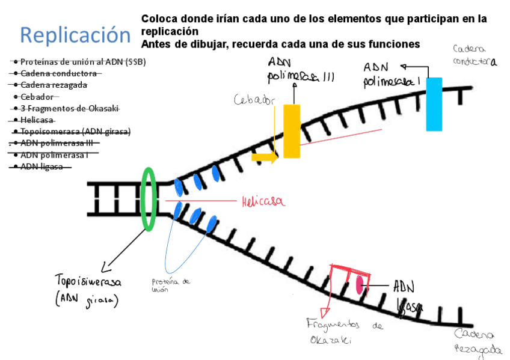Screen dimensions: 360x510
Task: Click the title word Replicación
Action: coord(75,35)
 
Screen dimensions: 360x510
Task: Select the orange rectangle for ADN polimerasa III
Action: coord(292,131)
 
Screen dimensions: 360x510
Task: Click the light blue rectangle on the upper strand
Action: coord(434,103)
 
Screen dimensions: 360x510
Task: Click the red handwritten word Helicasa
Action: coord(262,203)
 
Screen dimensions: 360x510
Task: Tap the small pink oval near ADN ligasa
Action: coord(361,284)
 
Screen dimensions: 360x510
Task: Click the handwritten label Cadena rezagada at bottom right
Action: coord(479,342)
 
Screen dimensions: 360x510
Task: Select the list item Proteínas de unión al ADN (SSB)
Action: coord(83,62)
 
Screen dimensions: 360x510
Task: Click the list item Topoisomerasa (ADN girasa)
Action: coord(75,132)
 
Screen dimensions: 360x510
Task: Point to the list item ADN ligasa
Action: coord(41,166)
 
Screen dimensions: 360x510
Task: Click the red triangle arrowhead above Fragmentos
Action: coord(325,312)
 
